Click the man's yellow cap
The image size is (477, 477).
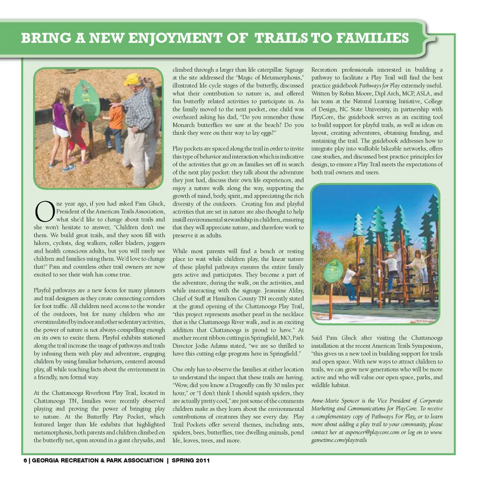pyautogui.click(x=132, y=79)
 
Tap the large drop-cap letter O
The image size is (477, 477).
pyautogui.click(x=43, y=211)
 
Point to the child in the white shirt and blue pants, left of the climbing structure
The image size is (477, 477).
pyautogui.click(x=350, y=281)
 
